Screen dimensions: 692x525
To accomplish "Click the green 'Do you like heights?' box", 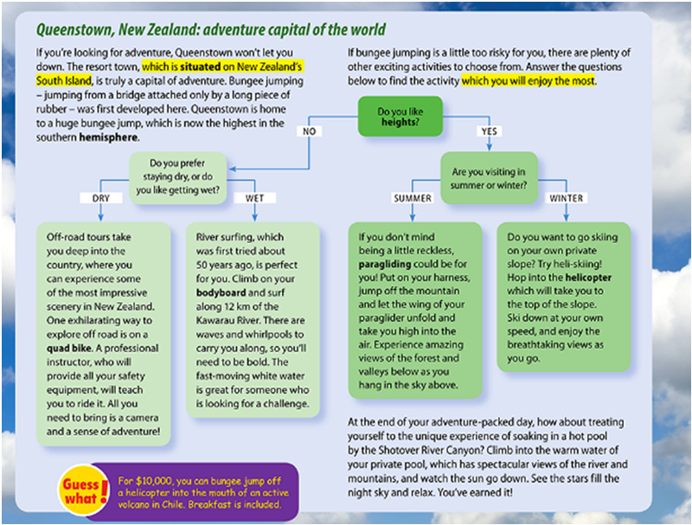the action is click(400, 117).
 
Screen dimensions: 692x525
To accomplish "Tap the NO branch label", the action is click(309, 131).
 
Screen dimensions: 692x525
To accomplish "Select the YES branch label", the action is click(489, 131).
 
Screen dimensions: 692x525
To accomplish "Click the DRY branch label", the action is click(101, 198).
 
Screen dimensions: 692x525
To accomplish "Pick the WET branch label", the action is click(254, 198).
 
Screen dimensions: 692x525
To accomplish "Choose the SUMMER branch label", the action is click(413, 198).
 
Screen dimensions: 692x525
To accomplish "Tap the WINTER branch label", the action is click(567, 198).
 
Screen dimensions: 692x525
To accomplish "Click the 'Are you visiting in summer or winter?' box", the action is click(489, 178).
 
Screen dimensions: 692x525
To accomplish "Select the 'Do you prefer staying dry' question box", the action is click(178, 178).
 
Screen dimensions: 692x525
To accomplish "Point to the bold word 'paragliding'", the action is click(384, 265).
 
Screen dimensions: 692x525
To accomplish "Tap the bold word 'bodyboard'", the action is click(221, 292).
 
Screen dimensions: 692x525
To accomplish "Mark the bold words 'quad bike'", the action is click(70, 348).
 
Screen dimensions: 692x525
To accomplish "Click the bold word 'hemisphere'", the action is click(108, 138).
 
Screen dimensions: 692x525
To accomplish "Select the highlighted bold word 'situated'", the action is click(201, 67).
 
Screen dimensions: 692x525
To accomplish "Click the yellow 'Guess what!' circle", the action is click(82, 490).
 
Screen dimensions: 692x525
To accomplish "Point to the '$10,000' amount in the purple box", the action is click(153, 482).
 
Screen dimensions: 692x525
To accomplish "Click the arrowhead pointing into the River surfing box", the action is click(254, 218).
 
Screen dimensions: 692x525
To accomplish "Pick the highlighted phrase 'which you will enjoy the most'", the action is click(529, 80).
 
